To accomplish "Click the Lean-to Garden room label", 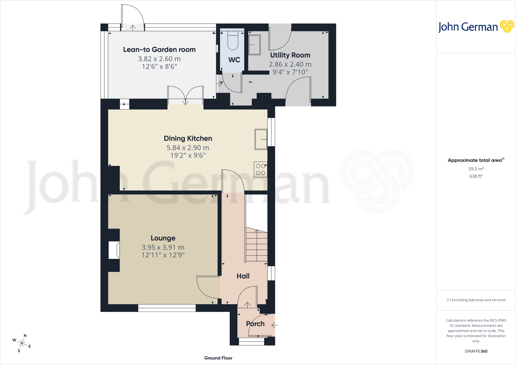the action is click(159, 49).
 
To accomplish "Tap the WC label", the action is click(234, 60).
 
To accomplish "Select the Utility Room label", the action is click(290, 55).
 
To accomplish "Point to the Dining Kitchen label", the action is click(188, 138).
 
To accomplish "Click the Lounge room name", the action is click(163, 238).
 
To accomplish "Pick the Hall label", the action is click(243, 276).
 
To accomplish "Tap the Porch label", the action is click(255, 324).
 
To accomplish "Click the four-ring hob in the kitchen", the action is click(261, 169).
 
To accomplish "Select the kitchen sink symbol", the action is click(261, 139).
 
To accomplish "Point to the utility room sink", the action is click(254, 45).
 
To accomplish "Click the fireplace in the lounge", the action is click(114, 250).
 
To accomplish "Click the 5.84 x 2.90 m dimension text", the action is click(188, 148).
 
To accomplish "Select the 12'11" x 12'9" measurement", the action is click(163, 255).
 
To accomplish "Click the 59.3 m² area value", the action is click(476, 169).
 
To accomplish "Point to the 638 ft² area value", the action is click(476, 176).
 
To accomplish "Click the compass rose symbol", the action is click(22, 343).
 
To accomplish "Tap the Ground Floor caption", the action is click(218, 358).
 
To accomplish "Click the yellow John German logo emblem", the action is click(507, 26).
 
